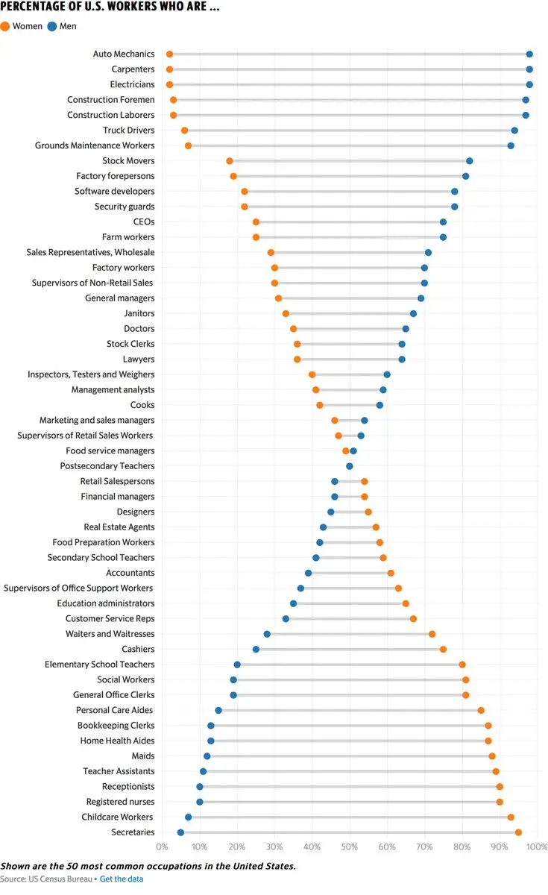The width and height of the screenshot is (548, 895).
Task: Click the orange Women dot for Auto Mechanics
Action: click(169, 54)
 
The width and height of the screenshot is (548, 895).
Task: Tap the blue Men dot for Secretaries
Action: click(180, 832)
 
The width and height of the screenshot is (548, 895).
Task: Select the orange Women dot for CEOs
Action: click(256, 222)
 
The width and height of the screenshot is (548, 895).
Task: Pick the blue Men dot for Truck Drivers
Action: click(514, 131)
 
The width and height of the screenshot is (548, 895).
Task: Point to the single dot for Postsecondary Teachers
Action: click(350, 466)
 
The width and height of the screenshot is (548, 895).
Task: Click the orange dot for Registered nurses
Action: click(500, 802)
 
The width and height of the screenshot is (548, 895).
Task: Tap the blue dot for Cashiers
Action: click(256, 650)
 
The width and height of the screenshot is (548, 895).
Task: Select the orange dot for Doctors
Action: click(293, 329)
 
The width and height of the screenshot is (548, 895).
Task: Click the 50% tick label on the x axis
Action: click(350, 847)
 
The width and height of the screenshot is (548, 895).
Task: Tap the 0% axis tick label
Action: click(163, 847)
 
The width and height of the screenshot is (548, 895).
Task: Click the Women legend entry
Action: click(22, 26)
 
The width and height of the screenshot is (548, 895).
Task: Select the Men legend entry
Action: click(62, 26)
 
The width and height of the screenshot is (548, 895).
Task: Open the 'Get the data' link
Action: click(122, 879)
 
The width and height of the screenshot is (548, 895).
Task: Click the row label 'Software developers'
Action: click(115, 192)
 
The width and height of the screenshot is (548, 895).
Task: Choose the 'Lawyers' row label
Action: click(139, 359)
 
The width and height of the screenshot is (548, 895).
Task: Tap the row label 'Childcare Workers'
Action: click(118, 817)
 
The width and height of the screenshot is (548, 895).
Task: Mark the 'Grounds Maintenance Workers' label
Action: click(95, 145)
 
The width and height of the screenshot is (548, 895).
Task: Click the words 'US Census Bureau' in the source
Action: click(60, 879)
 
